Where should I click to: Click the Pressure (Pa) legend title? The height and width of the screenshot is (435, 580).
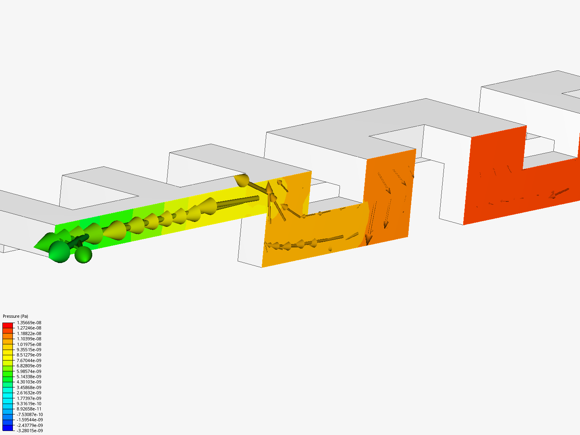click(x=15, y=316)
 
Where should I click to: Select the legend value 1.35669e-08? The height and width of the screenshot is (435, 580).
click(x=29, y=323)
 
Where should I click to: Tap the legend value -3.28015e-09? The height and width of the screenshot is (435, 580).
click(x=29, y=431)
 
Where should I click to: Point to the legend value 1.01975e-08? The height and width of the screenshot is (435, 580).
click(x=29, y=344)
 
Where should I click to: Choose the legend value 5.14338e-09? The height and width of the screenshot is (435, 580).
click(x=29, y=377)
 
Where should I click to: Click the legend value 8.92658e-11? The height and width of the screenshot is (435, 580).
click(x=29, y=409)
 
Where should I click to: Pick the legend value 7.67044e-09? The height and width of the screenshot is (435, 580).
click(x=29, y=360)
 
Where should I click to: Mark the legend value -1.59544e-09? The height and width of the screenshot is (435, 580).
click(x=29, y=420)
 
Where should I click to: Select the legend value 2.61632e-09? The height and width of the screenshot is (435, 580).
click(x=29, y=393)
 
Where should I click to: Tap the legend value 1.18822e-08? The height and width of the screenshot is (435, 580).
click(x=29, y=333)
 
